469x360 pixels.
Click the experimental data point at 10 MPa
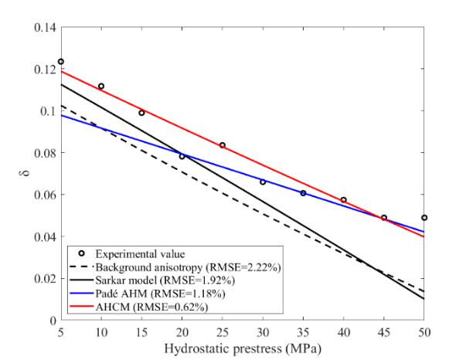[101, 87]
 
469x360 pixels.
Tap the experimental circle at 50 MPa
[424, 218]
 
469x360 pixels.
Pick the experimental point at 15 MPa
[141, 113]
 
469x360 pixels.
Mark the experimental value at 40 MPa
[344, 200]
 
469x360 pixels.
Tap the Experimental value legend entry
[136, 253]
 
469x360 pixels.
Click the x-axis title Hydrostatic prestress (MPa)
[243, 348]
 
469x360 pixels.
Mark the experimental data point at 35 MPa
[303, 193]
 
